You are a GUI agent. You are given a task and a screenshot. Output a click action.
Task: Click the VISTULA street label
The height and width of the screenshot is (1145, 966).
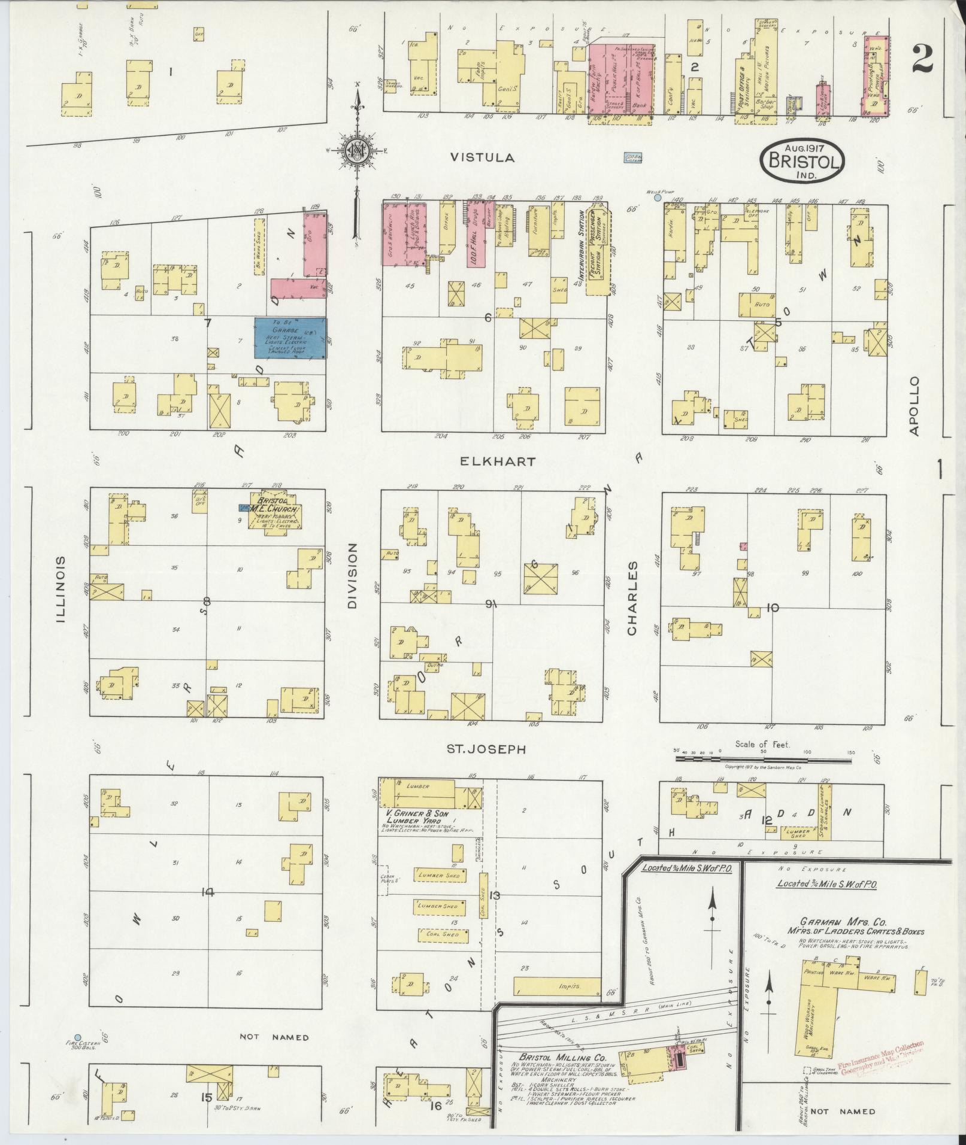(x=482, y=157)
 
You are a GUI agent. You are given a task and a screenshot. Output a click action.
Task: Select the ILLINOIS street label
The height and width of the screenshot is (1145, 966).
(x=60, y=589)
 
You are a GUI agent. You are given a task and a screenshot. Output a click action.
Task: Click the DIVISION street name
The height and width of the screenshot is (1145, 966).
(x=352, y=576)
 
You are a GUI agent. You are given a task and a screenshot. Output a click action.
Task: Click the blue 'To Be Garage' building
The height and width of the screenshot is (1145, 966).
(x=291, y=338)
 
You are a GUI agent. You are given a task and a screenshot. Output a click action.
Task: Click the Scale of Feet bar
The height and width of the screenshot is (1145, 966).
(x=763, y=758)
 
